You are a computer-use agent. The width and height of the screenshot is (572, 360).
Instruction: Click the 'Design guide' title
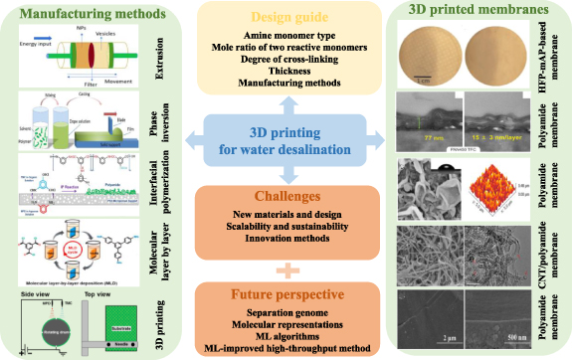coord(286,20)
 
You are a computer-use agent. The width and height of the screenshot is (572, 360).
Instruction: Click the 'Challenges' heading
coord(286,198)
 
